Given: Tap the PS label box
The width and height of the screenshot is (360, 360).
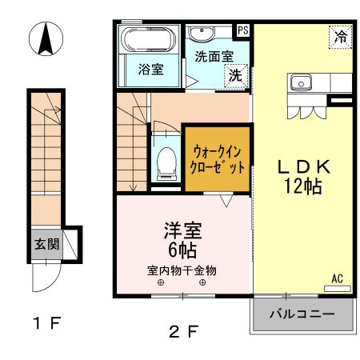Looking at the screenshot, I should point(242,31).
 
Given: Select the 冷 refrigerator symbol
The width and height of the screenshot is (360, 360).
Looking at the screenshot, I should point(341,36).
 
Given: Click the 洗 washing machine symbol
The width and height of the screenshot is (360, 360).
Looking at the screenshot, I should point(236,75).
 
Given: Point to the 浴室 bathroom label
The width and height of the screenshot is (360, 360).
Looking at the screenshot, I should point(150,70).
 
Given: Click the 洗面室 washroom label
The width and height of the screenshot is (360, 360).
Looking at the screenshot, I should point(214,57).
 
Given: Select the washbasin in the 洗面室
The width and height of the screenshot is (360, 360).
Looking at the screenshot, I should point(203,34).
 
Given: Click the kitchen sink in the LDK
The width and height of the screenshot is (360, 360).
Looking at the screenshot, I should point(302,82).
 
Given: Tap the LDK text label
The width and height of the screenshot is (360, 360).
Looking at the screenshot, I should point(304,167).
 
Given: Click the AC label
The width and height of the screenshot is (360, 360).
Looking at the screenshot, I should point(338,278).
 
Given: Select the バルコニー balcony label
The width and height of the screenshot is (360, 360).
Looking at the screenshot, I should point(302,314).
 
